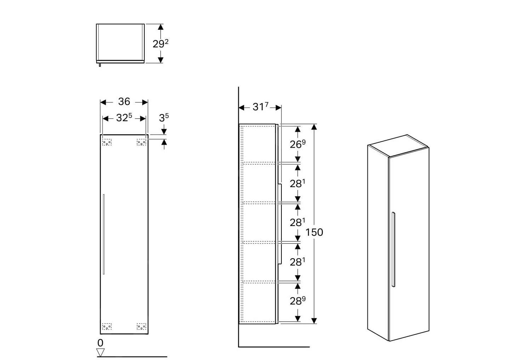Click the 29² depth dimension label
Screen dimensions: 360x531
tap(160, 44)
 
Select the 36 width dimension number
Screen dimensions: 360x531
tap(124, 102)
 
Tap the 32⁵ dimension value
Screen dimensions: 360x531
tap(124, 118)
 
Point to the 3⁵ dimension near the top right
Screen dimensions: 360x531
tap(164, 118)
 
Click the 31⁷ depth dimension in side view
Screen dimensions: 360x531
tap(260, 107)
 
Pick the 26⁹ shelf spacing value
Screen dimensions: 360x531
tap(297, 144)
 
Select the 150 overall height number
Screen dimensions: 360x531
tap(314, 232)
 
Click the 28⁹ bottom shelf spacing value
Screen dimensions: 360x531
tap(297, 301)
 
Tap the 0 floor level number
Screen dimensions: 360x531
tap(100, 343)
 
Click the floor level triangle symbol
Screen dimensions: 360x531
tap(101, 352)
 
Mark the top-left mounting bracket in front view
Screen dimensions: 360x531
tap(107, 142)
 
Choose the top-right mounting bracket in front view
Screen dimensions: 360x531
tap(141, 142)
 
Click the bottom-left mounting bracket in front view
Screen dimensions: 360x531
tap(107, 326)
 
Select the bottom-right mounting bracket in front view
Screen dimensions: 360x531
tap(141, 326)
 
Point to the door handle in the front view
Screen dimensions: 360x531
tap(103, 234)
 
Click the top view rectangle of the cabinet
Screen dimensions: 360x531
tap(120, 42)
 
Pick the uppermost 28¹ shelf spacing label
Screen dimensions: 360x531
tap(297, 184)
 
